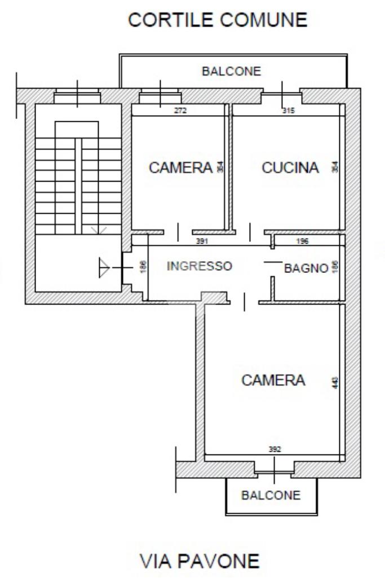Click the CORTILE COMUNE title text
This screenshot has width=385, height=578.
point(218,20)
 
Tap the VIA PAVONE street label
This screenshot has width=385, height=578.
point(200,561)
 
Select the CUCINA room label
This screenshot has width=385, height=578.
point(290,167)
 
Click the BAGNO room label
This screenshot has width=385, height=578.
point(306,268)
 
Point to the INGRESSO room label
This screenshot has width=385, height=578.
point(200,266)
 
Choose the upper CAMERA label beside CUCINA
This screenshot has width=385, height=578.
point(181,167)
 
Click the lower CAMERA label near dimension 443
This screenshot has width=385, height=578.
point(273,380)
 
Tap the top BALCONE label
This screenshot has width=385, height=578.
point(231,71)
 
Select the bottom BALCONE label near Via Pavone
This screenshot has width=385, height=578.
point(271,495)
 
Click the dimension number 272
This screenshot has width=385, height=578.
point(180,110)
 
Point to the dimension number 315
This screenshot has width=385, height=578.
point(289,110)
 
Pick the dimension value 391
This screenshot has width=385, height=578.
point(202,241)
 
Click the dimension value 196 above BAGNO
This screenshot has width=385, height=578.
point(302,241)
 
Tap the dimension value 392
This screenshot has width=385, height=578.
point(275,449)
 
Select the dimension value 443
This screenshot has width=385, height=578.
point(335,382)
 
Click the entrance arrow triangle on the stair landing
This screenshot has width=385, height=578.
point(104,267)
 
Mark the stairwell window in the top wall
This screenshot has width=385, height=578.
point(77,96)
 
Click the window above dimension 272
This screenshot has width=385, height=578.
point(160,96)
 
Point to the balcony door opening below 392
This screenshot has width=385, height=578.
point(274,471)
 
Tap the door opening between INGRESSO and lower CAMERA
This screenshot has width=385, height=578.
point(244,302)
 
